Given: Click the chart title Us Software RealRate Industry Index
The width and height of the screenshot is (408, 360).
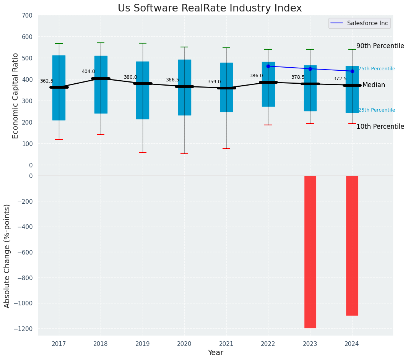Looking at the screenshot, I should (x=210, y=8).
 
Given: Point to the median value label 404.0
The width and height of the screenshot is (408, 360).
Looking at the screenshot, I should (x=88, y=71).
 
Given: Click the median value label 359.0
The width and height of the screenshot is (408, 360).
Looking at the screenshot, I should (x=214, y=82).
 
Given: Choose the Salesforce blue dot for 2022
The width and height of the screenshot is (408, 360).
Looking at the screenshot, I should (x=268, y=66).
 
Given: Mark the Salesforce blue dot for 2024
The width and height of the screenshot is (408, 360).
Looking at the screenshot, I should (x=352, y=71).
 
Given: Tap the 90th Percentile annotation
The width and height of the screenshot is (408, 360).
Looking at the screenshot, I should (x=380, y=46).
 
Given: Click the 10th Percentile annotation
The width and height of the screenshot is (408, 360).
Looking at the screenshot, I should (x=380, y=126).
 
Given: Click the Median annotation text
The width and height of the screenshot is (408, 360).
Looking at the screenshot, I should (x=374, y=85).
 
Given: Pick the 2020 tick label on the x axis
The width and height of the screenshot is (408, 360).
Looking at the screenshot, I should (x=184, y=344).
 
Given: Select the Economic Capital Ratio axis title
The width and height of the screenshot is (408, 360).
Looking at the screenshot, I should (x=16, y=96).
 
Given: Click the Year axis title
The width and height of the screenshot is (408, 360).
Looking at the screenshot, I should (x=215, y=353).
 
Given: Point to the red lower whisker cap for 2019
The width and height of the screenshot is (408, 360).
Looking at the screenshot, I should (x=143, y=152).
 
